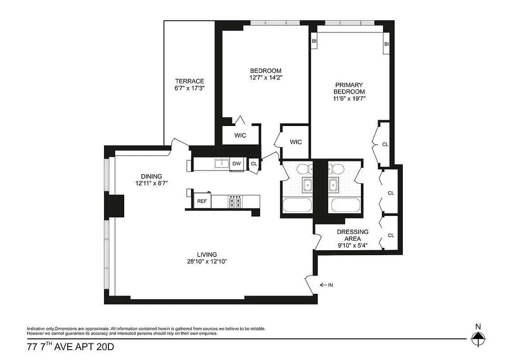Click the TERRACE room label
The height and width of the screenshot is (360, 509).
[189, 81]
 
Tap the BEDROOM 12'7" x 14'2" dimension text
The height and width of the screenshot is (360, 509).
[266, 77]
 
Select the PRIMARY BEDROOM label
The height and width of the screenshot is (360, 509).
[349, 88]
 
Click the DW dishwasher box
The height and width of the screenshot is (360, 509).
[236, 164]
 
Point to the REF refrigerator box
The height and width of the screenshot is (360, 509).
[202, 201]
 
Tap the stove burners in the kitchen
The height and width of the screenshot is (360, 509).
[234, 201]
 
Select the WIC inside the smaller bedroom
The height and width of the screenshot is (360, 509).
[240, 135]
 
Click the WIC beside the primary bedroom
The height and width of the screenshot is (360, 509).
[296, 142]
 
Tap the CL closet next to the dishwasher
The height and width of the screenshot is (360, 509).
[254, 164]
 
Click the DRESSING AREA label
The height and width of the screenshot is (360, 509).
[353, 235]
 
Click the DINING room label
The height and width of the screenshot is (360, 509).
[151, 176]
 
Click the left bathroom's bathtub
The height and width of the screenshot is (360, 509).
[297, 206]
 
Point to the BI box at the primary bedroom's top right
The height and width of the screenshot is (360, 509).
[386, 45]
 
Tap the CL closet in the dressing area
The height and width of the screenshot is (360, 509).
[391, 235]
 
